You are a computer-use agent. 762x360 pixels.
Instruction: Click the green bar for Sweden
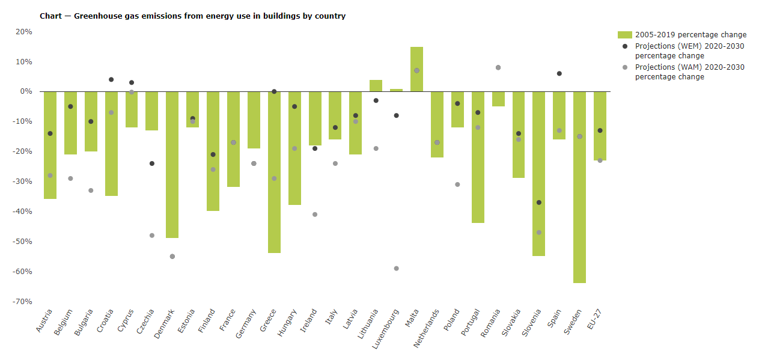pos(579,186)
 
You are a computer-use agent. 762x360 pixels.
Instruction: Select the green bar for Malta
pos(416,69)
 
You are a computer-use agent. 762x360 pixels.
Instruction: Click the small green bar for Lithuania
pos(376,85)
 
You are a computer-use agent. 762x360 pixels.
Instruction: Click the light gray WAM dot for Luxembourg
pos(396,268)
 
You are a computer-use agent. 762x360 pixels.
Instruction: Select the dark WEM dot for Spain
pos(559,73)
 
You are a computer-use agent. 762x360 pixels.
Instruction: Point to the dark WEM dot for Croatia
pos(111,79)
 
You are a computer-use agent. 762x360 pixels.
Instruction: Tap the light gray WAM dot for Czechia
pos(152,235)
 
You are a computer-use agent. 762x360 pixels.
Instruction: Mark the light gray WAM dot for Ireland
pos(315,215)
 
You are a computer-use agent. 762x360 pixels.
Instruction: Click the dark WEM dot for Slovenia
pos(538,203)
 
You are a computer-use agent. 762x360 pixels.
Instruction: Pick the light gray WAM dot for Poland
pos(457,185)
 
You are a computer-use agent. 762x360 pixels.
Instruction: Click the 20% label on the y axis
pos(24,32)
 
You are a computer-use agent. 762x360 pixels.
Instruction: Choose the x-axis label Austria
pos(44,321)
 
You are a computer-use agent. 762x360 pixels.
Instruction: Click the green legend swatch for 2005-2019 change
pos(624,35)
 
